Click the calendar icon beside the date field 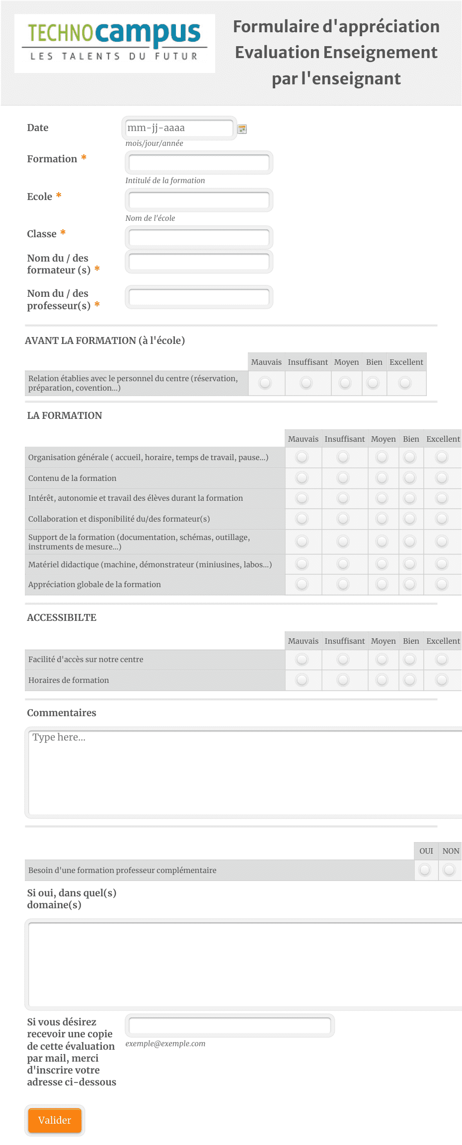pos(242,129)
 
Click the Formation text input pos(199,162)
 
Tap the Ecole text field pos(199,200)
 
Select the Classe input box pos(199,237)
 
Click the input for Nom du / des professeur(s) pos(199,297)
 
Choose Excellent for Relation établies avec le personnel pos(405,383)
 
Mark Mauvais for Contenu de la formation pos(302,478)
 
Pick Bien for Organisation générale pos(410,457)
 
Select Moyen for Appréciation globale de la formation pos(382,584)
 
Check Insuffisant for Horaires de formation pos(343,680)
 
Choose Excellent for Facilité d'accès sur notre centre pos(442,659)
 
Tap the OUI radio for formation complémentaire pos(425,870)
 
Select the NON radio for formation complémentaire pos(450,870)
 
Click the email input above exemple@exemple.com pos(230,1025)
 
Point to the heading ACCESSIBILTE pos(62,617)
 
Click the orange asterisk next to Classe pos(63,233)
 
